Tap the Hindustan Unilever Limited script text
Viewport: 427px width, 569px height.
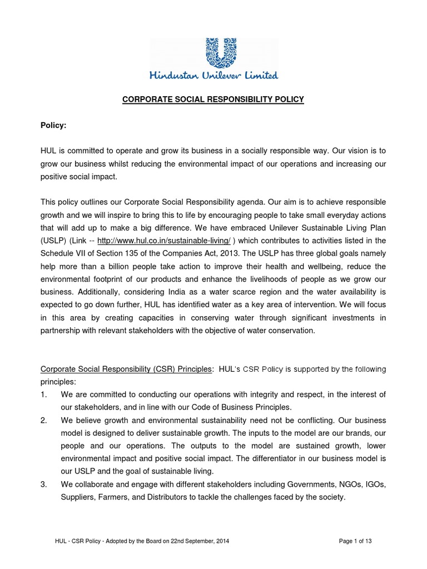(x=213, y=75)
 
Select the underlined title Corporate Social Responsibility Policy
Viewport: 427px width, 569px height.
(x=213, y=99)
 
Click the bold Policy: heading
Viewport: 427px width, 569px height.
(x=53, y=126)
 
